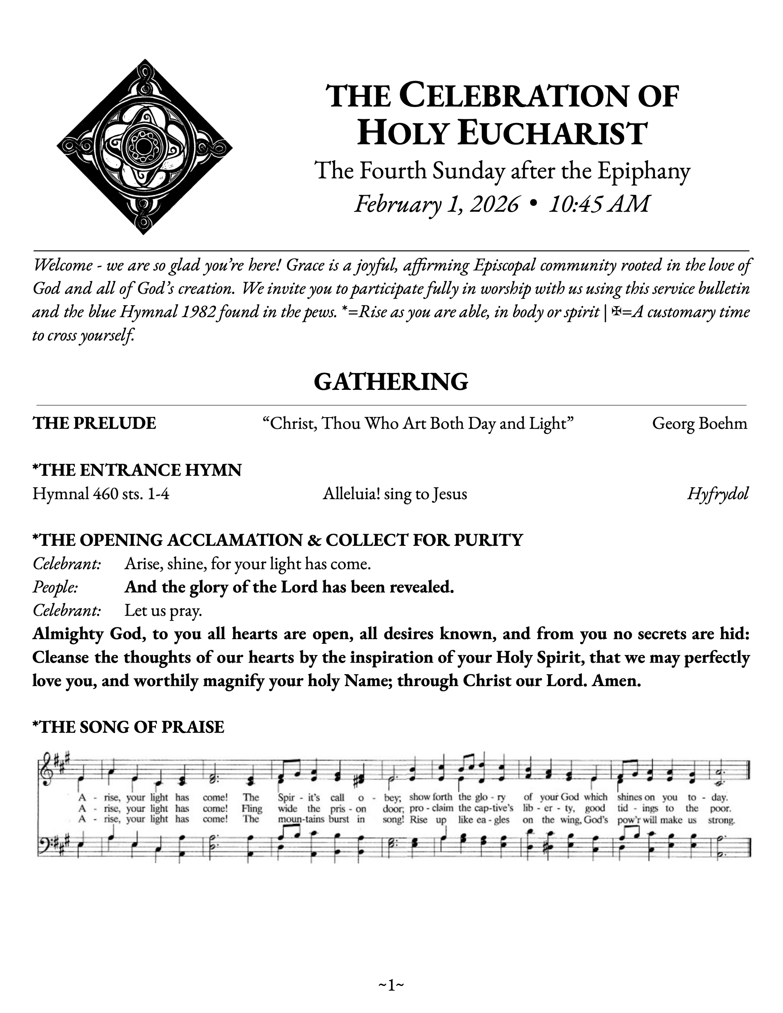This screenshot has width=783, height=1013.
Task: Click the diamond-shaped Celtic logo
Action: click(x=145, y=147)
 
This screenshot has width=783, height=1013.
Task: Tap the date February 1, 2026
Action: click(x=436, y=204)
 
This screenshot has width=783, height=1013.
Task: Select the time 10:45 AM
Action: click(x=599, y=204)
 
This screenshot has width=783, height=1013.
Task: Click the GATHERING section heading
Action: click(x=391, y=382)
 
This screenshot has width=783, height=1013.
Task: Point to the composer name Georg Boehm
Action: click(x=699, y=423)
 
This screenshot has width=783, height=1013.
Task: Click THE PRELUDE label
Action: click(x=94, y=423)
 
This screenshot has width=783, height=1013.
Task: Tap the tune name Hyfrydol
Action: click(x=718, y=494)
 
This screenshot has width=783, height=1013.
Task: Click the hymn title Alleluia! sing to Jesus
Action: click(x=395, y=494)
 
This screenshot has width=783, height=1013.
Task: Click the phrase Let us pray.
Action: click(x=163, y=611)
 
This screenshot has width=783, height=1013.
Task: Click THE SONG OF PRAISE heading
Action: click(x=128, y=727)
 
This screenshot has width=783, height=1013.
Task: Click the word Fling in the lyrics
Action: click(x=252, y=809)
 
